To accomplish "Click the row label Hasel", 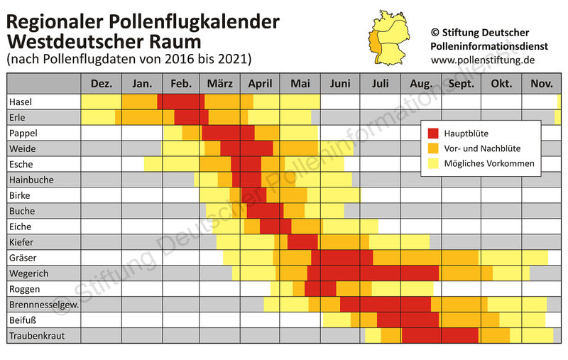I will tap(21, 102).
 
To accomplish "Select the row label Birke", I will tap(20, 195).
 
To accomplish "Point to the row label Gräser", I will tap(23, 257).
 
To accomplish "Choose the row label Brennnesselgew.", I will tap(43, 305).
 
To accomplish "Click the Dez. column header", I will tap(102, 84).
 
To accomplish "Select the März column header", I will tap(219, 84).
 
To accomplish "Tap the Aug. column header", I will tap(421, 84).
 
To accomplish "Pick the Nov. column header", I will tap(542, 84).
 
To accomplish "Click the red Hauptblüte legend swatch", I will tap(435, 133).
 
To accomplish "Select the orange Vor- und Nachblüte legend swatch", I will tap(435, 148).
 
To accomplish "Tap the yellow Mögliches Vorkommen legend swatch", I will tap(435, 164).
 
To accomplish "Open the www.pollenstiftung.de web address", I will tap(482, 60).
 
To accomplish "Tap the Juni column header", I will tap(340, 84).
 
